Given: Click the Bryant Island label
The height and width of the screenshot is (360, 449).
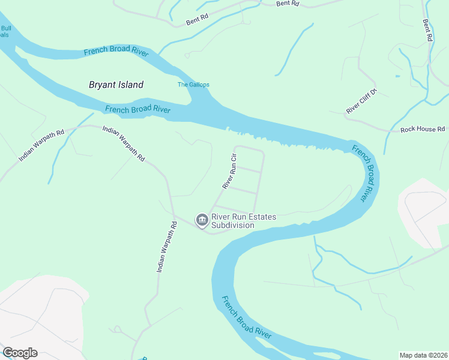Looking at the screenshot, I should (x=116, y=85).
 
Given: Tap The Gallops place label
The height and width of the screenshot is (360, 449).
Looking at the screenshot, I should (x=193, y=85).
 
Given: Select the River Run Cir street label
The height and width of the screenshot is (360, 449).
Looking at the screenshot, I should (x=230, y=172).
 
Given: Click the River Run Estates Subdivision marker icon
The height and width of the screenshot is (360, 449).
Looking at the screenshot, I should (x=202, y=221).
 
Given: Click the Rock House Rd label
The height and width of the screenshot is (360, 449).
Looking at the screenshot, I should (x=423, y=129).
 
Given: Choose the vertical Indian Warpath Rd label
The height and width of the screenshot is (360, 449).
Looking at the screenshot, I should (x=167, y=247).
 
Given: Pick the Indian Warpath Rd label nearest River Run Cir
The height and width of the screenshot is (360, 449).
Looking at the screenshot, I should (x=124, y=143).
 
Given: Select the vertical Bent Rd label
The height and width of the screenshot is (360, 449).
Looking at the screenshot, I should (x=427, y=30).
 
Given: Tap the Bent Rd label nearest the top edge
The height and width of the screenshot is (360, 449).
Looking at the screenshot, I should (x=288, y=4).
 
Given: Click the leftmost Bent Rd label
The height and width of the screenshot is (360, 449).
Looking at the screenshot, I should (x=197, y=20).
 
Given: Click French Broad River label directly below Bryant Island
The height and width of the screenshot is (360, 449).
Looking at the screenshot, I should (x=137, y=109).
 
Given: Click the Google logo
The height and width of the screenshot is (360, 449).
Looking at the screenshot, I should (x=20, y=353).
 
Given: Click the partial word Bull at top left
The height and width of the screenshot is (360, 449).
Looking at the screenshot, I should (x=5, y=28).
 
